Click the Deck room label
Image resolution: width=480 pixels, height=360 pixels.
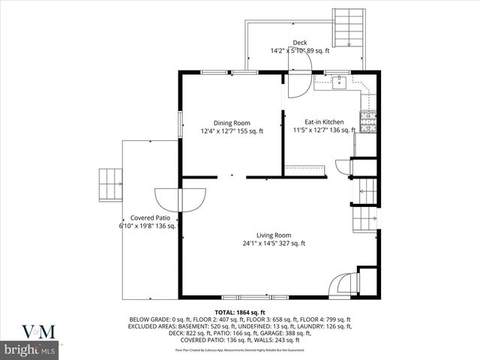pyautogui.click(x=299, y=43)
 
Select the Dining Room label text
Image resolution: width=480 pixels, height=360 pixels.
pyautogui.click(x=231, y=123)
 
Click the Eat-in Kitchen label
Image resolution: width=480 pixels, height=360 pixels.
pyautogui.click(x=324, y=121)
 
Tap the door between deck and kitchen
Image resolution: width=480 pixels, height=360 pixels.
pyautogui.click(x=295, y=85)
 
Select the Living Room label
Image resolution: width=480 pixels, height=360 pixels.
pyautogui.click(x=273, y=235)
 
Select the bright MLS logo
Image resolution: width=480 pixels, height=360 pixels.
pyautogui.click(x=30, y=349)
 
